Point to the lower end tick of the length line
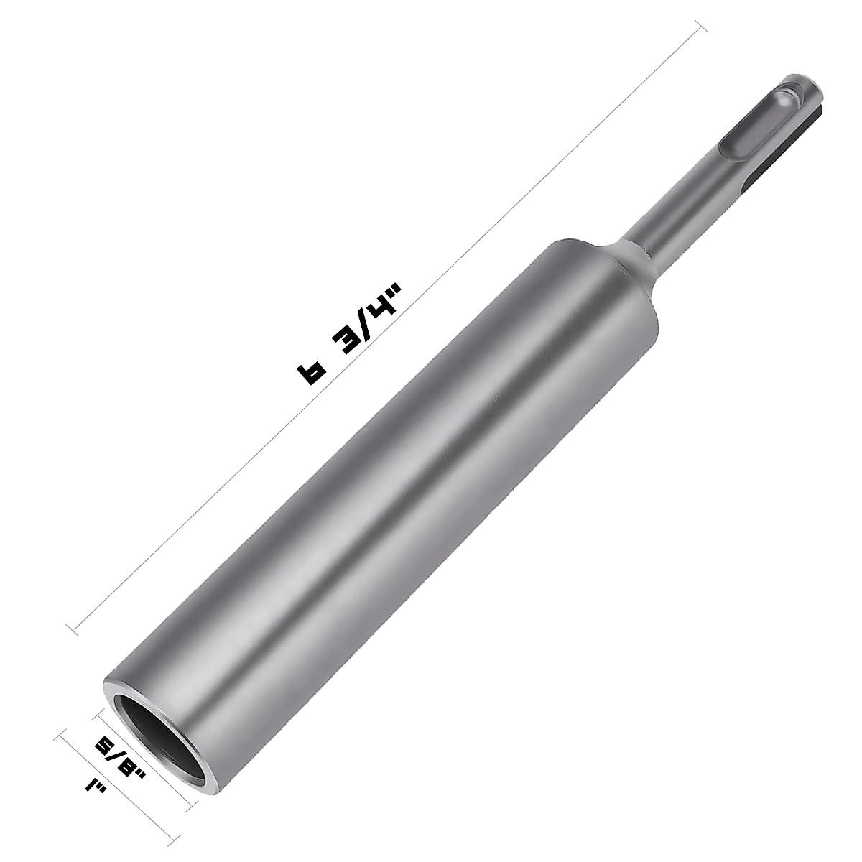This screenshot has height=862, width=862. coord(73,630)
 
